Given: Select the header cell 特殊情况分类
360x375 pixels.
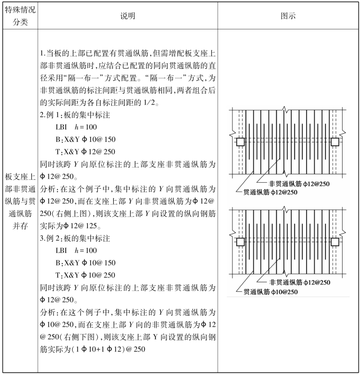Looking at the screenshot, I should pos(18,16).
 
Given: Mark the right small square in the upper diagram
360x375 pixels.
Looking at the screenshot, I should pos(335,142).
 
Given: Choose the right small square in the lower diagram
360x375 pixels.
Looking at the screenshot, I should pos(335,242).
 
